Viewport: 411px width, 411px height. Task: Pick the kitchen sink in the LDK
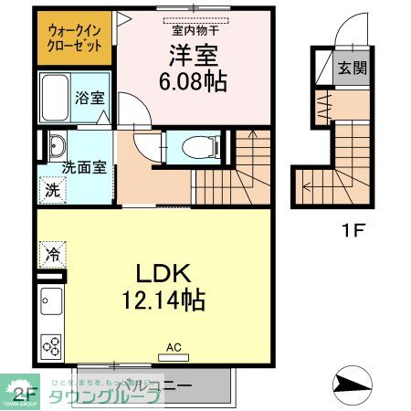click(x=50, y=300)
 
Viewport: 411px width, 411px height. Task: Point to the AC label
click(x=174, y=347)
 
